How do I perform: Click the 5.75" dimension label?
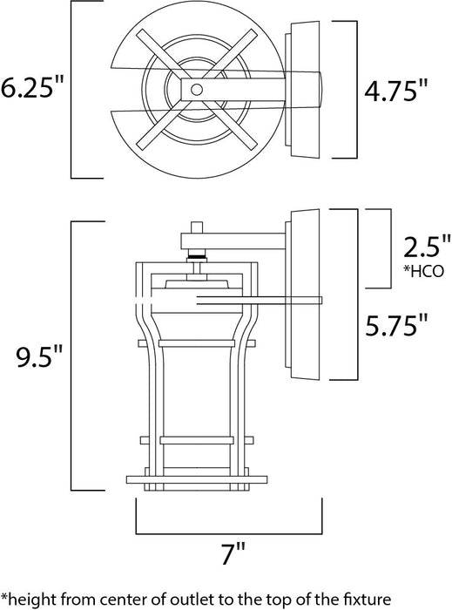click(x=397, y=327)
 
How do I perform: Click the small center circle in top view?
click(x=197, y=90)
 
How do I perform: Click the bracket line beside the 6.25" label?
click(x=71, y=90)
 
